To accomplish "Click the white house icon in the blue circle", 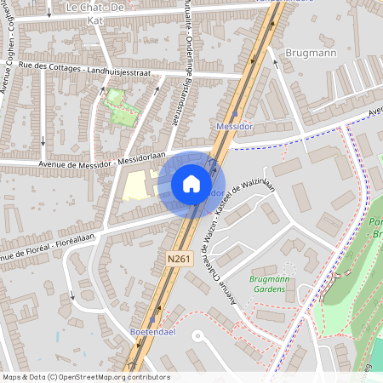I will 191,184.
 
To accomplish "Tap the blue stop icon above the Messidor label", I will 235,114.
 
